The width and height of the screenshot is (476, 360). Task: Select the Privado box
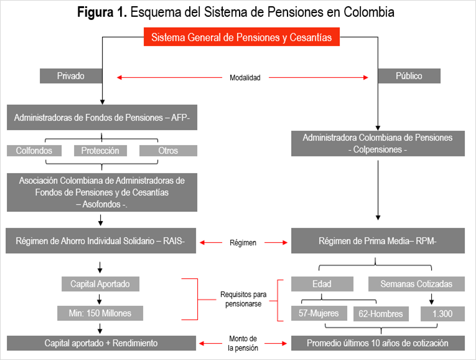(71, 76)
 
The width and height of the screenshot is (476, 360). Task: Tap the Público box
(409, 76)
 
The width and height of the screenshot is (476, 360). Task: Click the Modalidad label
(245, 78)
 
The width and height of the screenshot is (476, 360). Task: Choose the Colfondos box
(34, 151)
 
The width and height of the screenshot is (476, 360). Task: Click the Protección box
(100, 151)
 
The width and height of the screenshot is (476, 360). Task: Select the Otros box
(168, 151)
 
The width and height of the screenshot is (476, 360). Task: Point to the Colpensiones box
(378, 143)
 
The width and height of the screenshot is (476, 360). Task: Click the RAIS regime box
(102, 241)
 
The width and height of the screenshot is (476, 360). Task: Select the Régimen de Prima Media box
(377, 241)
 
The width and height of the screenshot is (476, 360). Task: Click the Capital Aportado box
(100, 284)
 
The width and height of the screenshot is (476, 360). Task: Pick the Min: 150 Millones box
(100, 312)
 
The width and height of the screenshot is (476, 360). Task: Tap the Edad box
(322, 284)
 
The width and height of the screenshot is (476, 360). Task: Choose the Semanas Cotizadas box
(416, 284)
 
